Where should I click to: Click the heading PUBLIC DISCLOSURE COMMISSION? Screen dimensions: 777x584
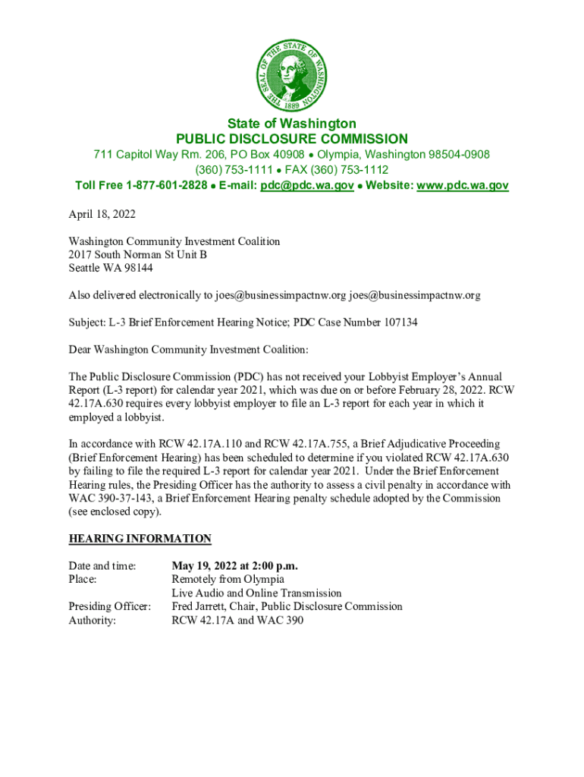point(292,139)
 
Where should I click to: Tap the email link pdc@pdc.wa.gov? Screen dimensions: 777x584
point(306,185)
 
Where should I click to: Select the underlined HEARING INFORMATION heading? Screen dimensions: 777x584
point(140,539)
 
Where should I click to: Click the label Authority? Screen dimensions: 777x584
point(93,620)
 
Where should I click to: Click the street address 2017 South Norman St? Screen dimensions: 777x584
point(119,255)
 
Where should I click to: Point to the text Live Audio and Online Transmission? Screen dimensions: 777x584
point(256,593)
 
